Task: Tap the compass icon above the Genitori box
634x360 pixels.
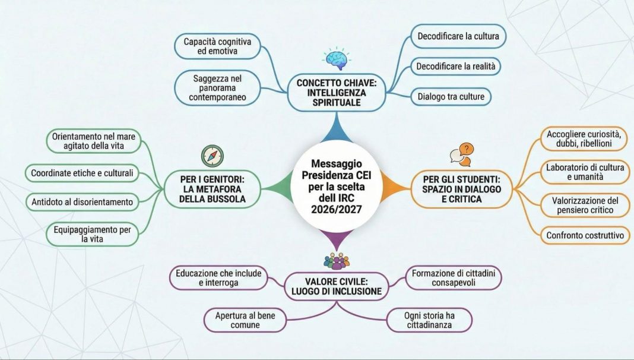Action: coord(213,156)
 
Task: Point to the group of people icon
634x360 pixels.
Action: coord(337,260)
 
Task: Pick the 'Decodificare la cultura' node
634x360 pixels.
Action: coord(458,36)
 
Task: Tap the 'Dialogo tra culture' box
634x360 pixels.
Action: coord(451,96)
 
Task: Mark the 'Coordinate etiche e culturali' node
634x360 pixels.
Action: coord(83,173)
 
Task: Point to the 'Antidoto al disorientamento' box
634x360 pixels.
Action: coord(83,202)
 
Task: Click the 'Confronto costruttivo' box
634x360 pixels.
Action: coord(585,235)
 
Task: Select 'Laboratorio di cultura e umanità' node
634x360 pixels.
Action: coord(585,172)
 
